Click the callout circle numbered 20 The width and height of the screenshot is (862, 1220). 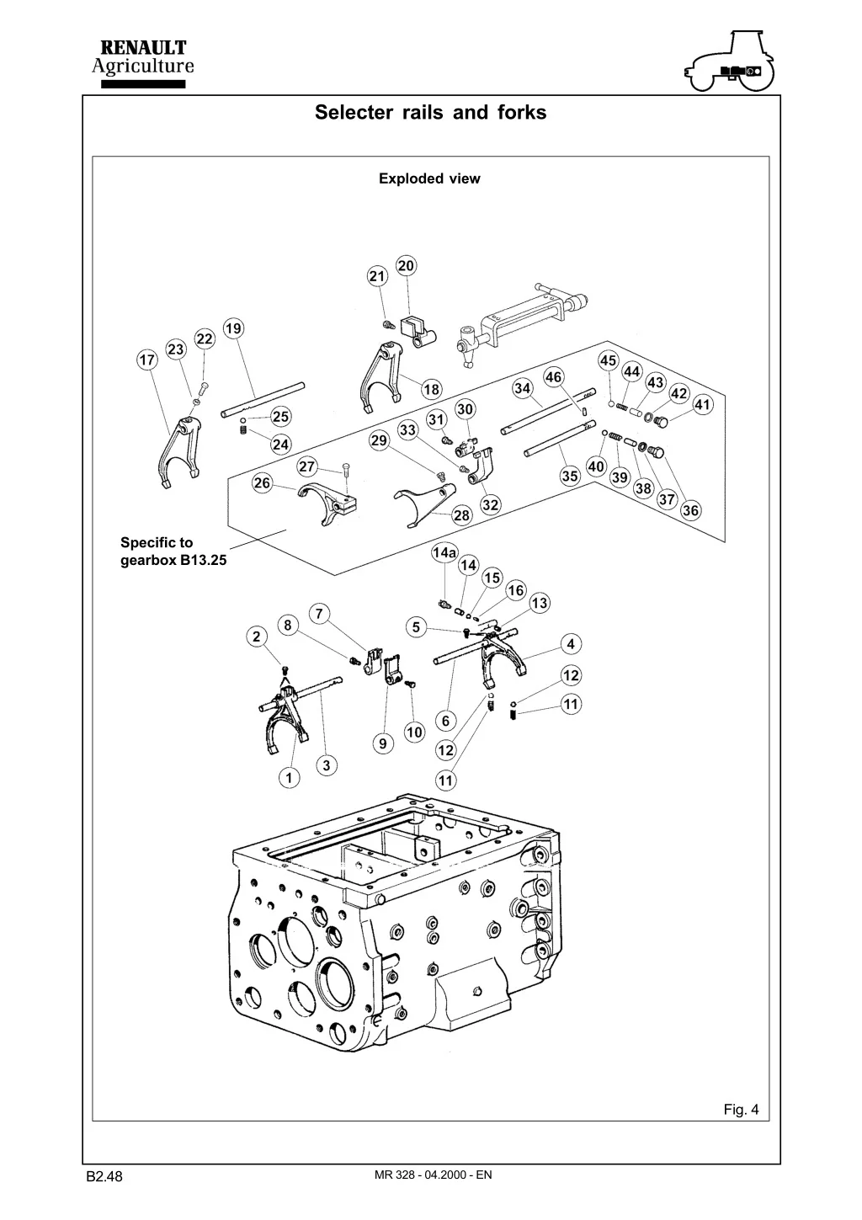pyautogui.click(x=406, y=266)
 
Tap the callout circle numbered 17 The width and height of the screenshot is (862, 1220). pyautogui.click(x=147, y=360)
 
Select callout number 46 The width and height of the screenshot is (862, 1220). pyautogui.click(x=553, y=376)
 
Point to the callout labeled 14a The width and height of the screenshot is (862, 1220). pyautogui.click(x=444, y=552)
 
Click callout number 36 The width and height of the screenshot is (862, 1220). pyautogui.click(x=690, y=511)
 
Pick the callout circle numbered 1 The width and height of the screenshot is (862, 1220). pyautogui.click(x=289, y=778)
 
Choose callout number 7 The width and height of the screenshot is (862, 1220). pyautogui.click(x=319, y=613)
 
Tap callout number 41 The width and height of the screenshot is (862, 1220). pyautogui.click(x=702, y=405)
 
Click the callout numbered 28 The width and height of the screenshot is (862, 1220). pyautogui.click(x=461, y=515)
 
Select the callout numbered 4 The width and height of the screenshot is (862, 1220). pyautogui.click(x=571, y=644)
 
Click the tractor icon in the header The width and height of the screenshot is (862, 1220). pyautogui.click(x=730, y=62)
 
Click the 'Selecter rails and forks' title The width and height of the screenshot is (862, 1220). pyautogui.click(x=430, y=112)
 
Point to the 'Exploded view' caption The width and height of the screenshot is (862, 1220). pyautogui.click(x=429, y=178)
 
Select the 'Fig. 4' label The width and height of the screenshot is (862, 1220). pyautogui.click(x=741, y=1110)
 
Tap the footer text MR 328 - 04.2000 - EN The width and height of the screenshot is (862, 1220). pyautogui.click(x=433, y=1175)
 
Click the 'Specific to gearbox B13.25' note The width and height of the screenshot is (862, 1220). pyautogui.click(x=173, y=551)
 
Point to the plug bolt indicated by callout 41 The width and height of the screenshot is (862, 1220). pyautogui.click(x=662, y=420)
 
